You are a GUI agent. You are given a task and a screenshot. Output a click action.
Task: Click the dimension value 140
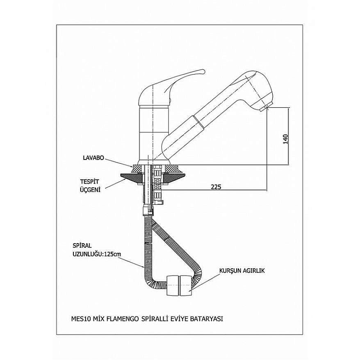[x=286, y=139]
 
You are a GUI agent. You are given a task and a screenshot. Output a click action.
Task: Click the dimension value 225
[x=216, y=187]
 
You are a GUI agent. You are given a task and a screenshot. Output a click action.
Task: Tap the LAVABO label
[x=92, y=157]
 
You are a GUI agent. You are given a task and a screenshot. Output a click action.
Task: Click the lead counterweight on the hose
[x=179, y=285]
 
